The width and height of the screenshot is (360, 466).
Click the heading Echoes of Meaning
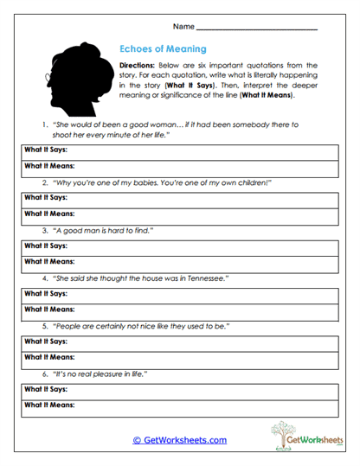tap(162, 49)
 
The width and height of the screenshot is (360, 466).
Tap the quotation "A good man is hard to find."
tap(103, 231)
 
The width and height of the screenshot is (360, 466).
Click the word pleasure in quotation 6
tap(111, 373)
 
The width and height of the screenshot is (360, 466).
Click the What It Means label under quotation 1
tap(49, 166)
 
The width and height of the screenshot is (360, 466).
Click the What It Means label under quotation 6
tap(49, 404)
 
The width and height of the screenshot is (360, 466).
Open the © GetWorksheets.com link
tap(179, 440)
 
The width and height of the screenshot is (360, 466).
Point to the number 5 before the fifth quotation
tap(44, 326)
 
